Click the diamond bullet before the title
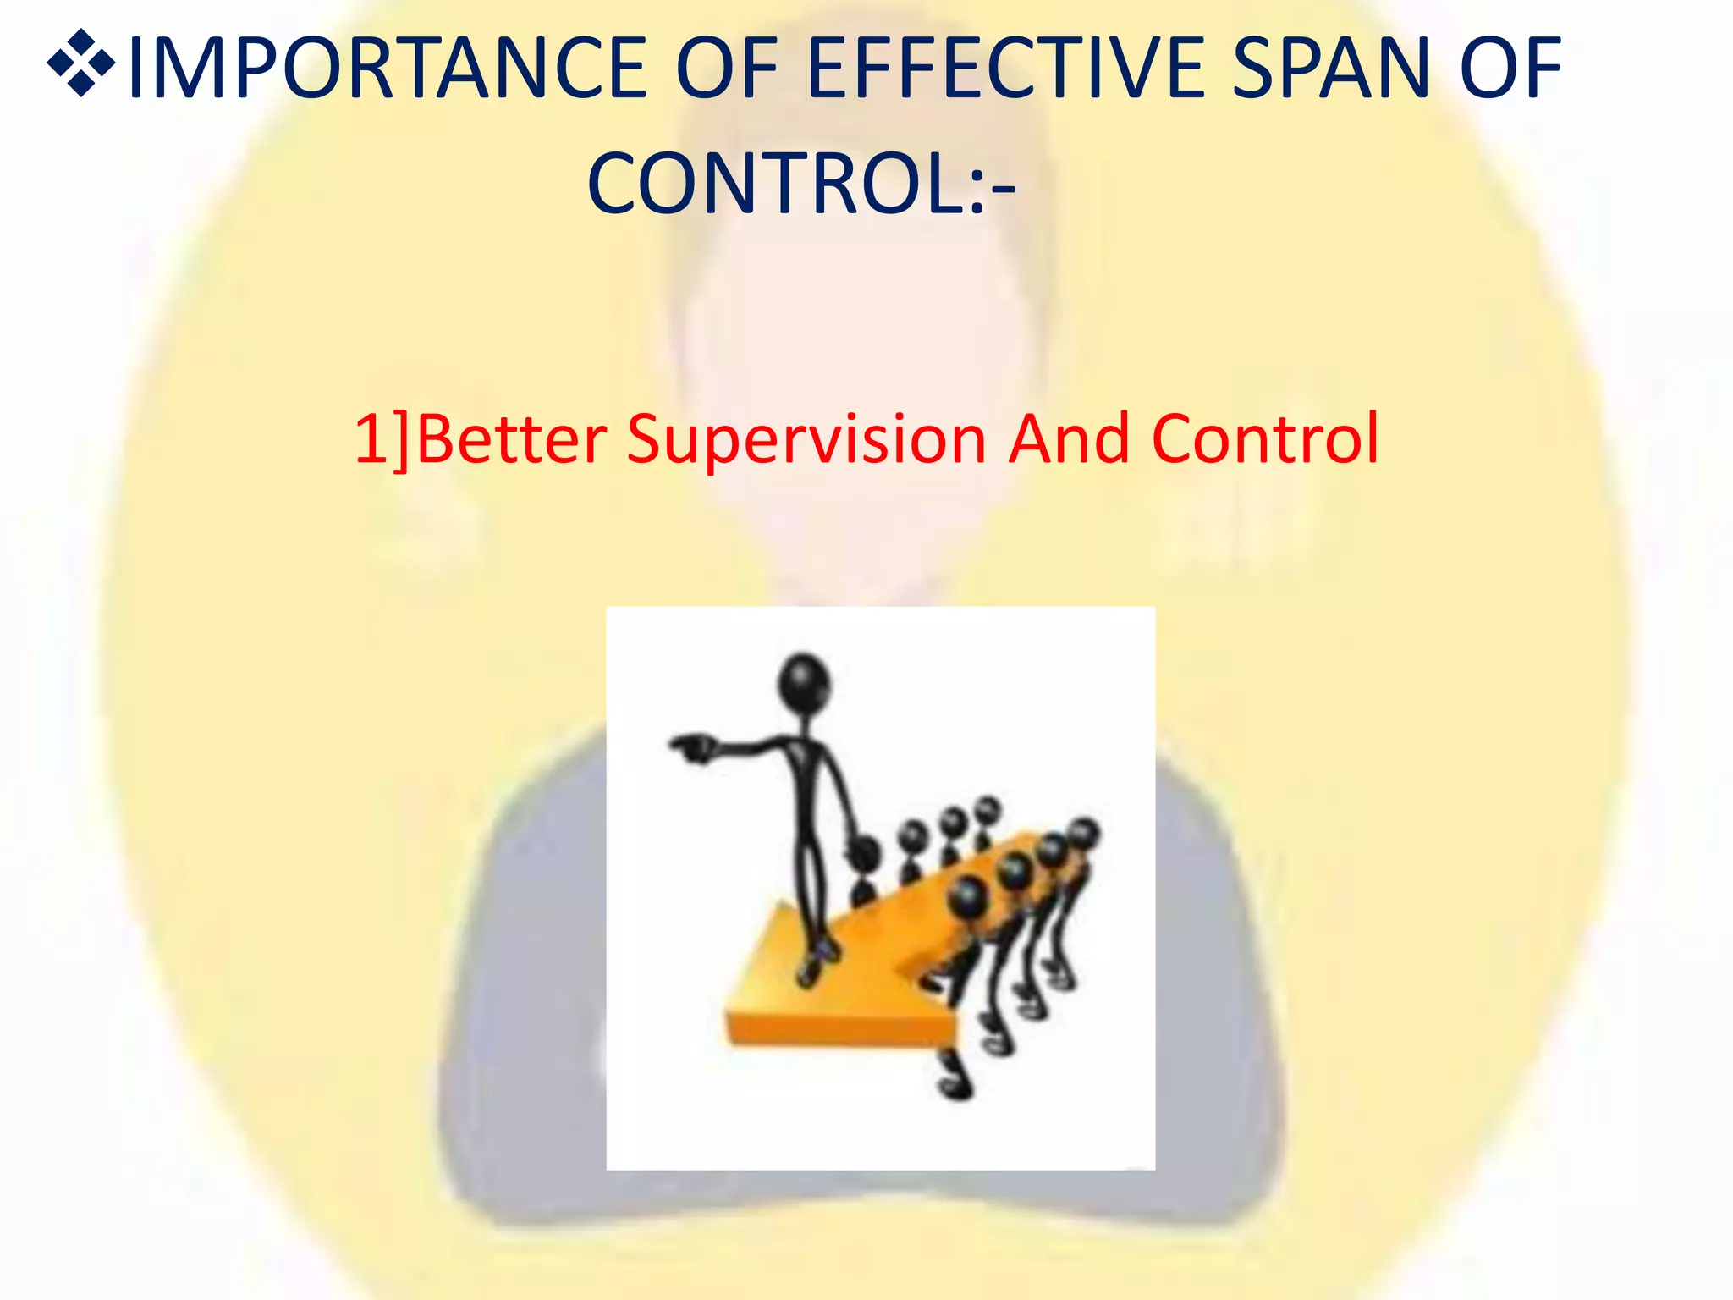point(81,63)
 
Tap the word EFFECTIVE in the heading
point(1006,68)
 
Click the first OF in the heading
point(727,68)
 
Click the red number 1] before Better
point(381,439)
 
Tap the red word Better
point(512,439)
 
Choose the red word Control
point(1265,439)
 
